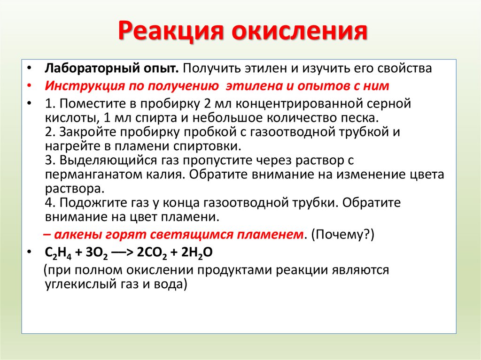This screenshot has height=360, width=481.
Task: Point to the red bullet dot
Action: point(30,86)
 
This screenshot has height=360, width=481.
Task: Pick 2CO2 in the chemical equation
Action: point(150,252)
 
